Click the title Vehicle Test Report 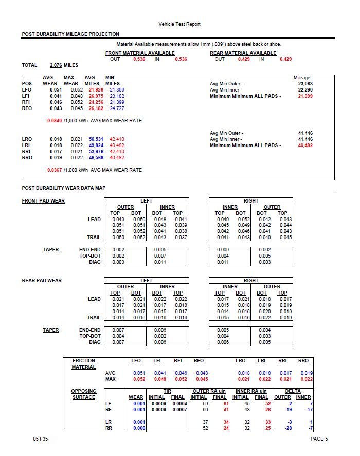179,24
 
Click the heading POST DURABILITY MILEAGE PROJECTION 70,34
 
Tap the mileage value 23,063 305,83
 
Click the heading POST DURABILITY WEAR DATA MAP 64,188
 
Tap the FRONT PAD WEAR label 43,200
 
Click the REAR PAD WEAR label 42,281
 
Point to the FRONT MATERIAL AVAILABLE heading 140,53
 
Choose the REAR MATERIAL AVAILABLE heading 243,53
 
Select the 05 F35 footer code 41,439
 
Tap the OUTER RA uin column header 208,391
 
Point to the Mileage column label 302,77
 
